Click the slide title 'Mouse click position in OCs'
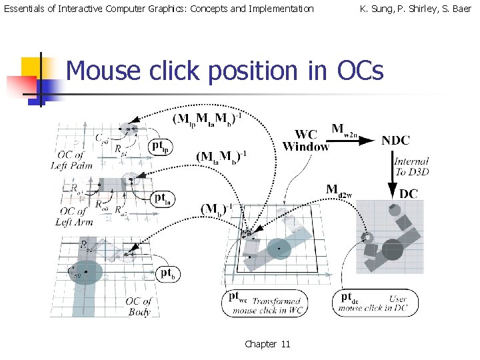point(225,70)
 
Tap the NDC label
point(395,140)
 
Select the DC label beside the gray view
point(409,193)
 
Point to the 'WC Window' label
point(306,141)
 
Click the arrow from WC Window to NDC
point(355,141)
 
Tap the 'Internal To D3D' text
point(411,165)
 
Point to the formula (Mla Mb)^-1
point(221,157)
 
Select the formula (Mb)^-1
point(217,208)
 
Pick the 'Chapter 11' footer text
point(267,344)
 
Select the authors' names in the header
point(415,9)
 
